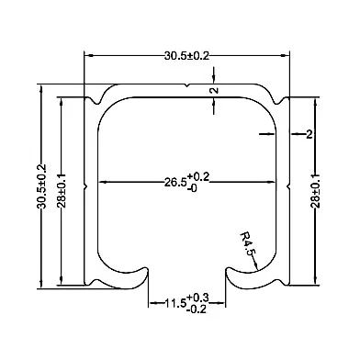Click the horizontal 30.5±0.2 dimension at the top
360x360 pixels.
(x=186, y=56)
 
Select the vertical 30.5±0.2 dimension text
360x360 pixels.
(x=41, y=186)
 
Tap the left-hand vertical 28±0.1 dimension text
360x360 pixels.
(x=62, y=190)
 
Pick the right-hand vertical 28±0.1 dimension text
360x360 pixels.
(x=316, y=190)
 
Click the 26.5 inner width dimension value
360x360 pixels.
(x=175, y=183)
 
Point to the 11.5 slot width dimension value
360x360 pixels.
(x=175, y=303)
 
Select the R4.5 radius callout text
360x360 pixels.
(x=247, y=243)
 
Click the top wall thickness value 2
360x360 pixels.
(x=215, y=90)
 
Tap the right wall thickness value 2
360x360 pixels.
(x=309, y=134)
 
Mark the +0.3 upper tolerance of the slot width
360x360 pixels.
(x=197, y=298)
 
